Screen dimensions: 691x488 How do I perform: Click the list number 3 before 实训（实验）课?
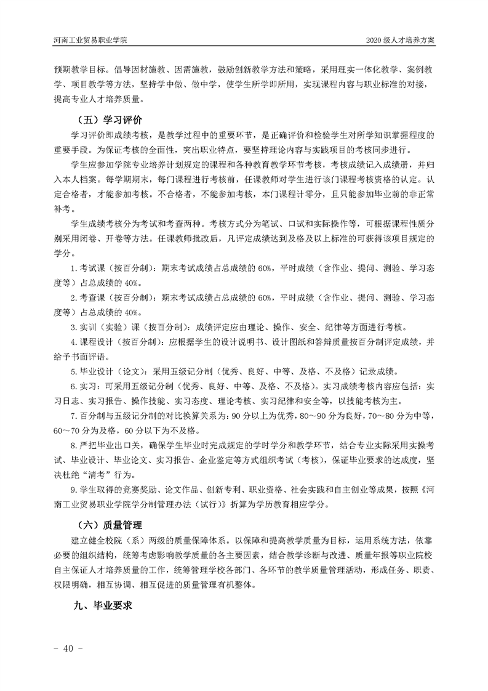73,326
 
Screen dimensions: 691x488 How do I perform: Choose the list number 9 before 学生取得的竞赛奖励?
73,491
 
